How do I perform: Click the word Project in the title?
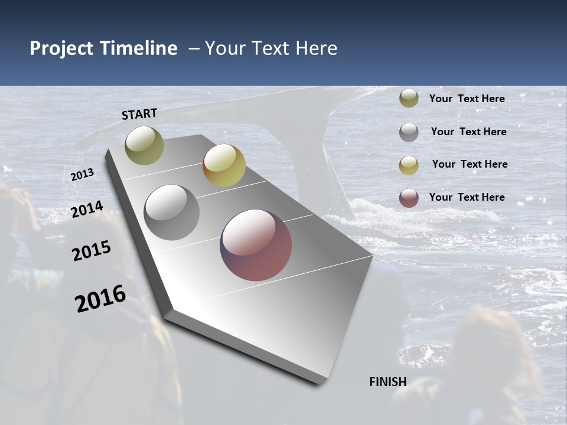tap(61, 48)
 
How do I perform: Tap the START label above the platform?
tap(139, 114)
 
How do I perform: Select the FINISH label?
tap(388, 382)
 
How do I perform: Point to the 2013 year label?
tap(82, 175)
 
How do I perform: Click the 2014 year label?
tap(87, 210)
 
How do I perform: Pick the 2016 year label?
tap(100, 299)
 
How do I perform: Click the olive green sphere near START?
tap(144, 145)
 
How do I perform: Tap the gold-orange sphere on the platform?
tap(224, 165)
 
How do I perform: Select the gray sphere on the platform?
tap(171, 212)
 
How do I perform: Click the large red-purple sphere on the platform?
tap(256, 245)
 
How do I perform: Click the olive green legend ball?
tap(409, 99)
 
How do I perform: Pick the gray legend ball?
tap(409, 132)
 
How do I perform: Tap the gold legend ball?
tap(409, 165)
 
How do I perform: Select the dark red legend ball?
tap(409, 198)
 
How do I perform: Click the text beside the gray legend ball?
tap(468, 132)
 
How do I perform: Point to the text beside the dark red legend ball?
tap(467, 197)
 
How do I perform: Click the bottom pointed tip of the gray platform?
tap(319, 382)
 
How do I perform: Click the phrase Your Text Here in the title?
tap(271, 48)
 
